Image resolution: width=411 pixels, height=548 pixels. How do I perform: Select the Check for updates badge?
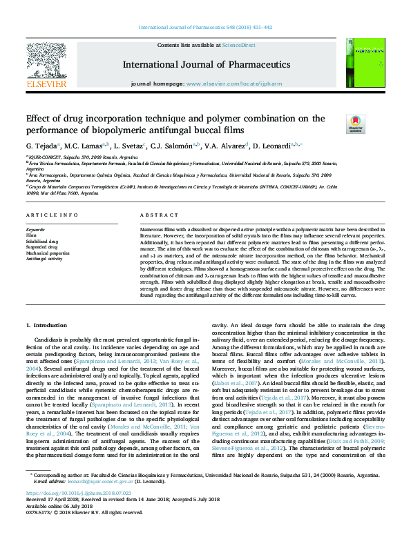click(x=354, y=124)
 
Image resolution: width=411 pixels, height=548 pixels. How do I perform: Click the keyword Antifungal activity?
click(x=45, y=260)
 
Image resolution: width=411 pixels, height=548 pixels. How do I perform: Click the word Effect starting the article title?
click(x=39, y=119)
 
